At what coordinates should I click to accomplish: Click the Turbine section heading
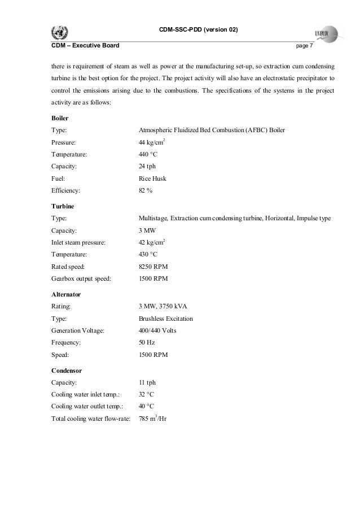62,206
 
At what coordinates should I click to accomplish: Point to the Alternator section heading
66,295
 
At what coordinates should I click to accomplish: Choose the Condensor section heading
67,371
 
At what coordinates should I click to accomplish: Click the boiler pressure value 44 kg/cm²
152,143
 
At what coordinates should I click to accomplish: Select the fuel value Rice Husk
152,179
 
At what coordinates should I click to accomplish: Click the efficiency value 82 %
146,191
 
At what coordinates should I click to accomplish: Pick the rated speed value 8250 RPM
153,267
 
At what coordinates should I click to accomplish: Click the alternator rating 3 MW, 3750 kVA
163,307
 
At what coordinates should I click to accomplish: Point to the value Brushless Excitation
165,319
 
